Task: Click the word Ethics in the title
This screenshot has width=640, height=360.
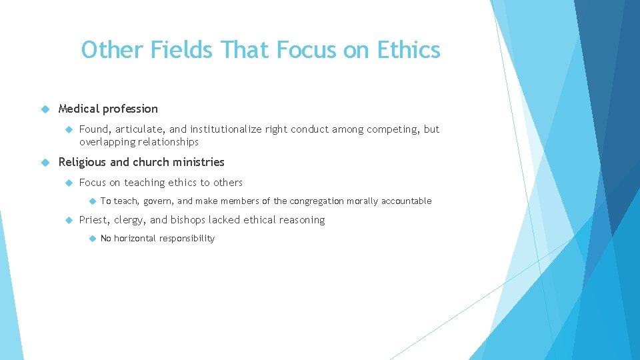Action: click(x=408, y=50)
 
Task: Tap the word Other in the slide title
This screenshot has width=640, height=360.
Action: click(x=111, y=50)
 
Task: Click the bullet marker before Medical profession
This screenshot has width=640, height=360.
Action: click(x=45, y=109)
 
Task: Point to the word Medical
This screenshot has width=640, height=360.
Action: click(x=81, y=109)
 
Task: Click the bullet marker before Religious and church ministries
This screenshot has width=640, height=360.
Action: click(x=45, y=162)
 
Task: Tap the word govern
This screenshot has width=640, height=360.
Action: click(x=157, y=201)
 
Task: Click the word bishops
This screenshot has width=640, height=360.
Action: click(x=188, y=220)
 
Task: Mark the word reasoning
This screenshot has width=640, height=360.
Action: click(x=301, y=220)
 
